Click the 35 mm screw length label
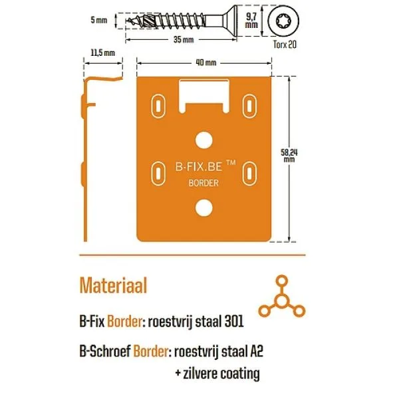tap(184, 40)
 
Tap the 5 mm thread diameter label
tap(99, 20)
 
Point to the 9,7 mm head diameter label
tap(251, 21)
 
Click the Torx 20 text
tap(285, 45)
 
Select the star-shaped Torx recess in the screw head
tap(284, 21)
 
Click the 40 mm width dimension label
tap(206, 63)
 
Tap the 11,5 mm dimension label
tap(103, 53)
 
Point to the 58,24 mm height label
tap(289, 156)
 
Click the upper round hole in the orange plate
tap(204, 140)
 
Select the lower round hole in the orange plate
tap(204, 207)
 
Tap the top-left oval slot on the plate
tap(158, 106)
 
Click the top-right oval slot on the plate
tap(249, 106)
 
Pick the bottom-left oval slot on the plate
tap(158, 174)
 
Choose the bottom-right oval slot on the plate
tap(249, 174)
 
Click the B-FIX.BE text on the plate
tap(198, 167)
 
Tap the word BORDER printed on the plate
tap(203, 183)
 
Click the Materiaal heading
tap(114, 285)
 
